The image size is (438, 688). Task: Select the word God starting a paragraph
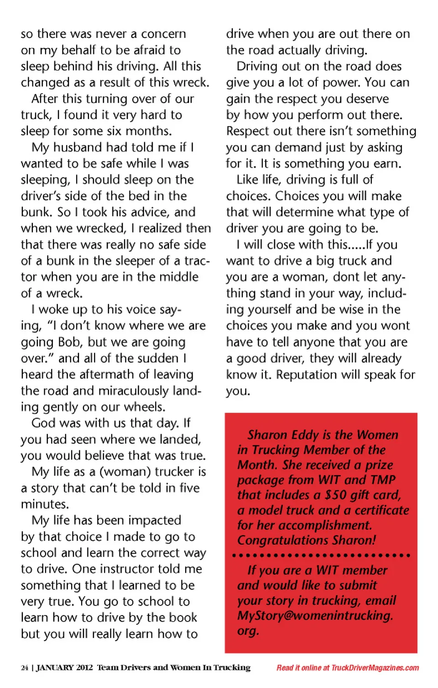(x=43, y=424)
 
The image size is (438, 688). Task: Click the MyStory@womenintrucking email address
(x=315, y=616)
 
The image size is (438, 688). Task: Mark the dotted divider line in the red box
(x=321, y=555)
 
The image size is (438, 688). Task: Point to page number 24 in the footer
(x=25, y=668)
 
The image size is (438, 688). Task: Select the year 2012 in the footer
(x=84, y=668)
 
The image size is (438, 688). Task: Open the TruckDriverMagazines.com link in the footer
(x=375, y=668)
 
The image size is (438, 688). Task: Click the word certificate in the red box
(x=382, y=510)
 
